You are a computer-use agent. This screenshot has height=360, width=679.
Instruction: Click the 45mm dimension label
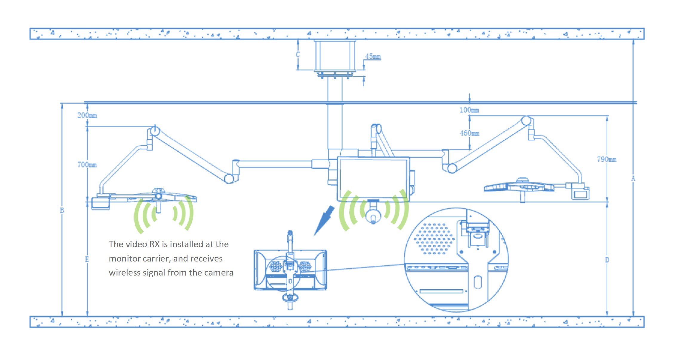[x=373, y=56]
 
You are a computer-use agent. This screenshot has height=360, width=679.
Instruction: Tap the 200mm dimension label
[x=87, y=115]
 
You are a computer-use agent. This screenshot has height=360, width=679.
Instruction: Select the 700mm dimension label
[x=87, y=164]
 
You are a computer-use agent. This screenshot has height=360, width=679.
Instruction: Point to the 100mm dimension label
[x=469, y=110]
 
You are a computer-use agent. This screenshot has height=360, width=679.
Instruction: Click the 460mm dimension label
[x=469, y=133]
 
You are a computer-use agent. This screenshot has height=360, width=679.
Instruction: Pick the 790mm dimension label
[x=607, y=159]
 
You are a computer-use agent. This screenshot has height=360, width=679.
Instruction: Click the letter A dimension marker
[x=633, y=179]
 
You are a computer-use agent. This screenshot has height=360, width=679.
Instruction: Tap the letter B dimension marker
[x=62, y=210]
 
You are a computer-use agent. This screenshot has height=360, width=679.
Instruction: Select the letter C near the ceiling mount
[x=298, y=55]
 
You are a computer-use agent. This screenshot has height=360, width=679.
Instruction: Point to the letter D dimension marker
[x=607, y=260]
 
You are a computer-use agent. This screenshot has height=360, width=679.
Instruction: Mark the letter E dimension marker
[x=87, y=259]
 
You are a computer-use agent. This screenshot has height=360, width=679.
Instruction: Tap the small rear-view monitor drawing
[x=290, y=270]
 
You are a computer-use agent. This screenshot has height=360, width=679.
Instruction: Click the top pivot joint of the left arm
[x=155, y=131]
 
